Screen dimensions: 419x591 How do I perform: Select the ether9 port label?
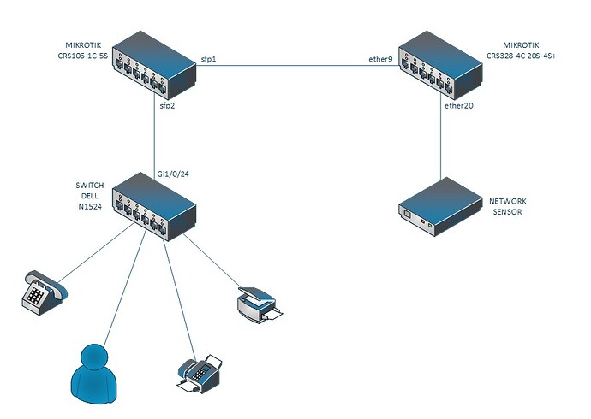pos(381,60)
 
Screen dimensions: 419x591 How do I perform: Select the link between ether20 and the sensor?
pos(441,145)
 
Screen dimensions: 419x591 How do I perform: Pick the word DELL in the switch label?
pos(90,196)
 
